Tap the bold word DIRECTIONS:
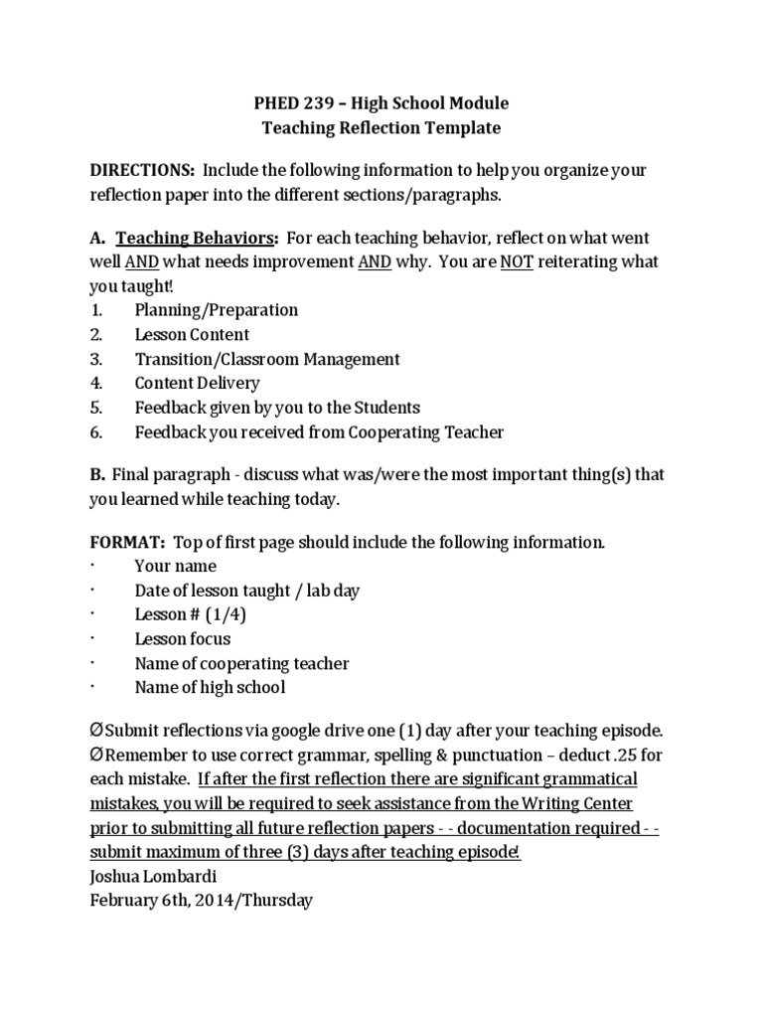tap(142, 171)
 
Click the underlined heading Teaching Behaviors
tap(196, 238)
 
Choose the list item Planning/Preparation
tap(216, 310)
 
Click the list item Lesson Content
tap(192, 335)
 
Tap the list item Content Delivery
tap(197, 383)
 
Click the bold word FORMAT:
tap(127, 543)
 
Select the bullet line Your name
tap(175, 567)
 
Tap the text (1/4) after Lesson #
tap(226, 614)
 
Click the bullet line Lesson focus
tap(182, 638)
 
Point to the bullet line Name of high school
tap(210, 687)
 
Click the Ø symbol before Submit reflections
tap(95, 731)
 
